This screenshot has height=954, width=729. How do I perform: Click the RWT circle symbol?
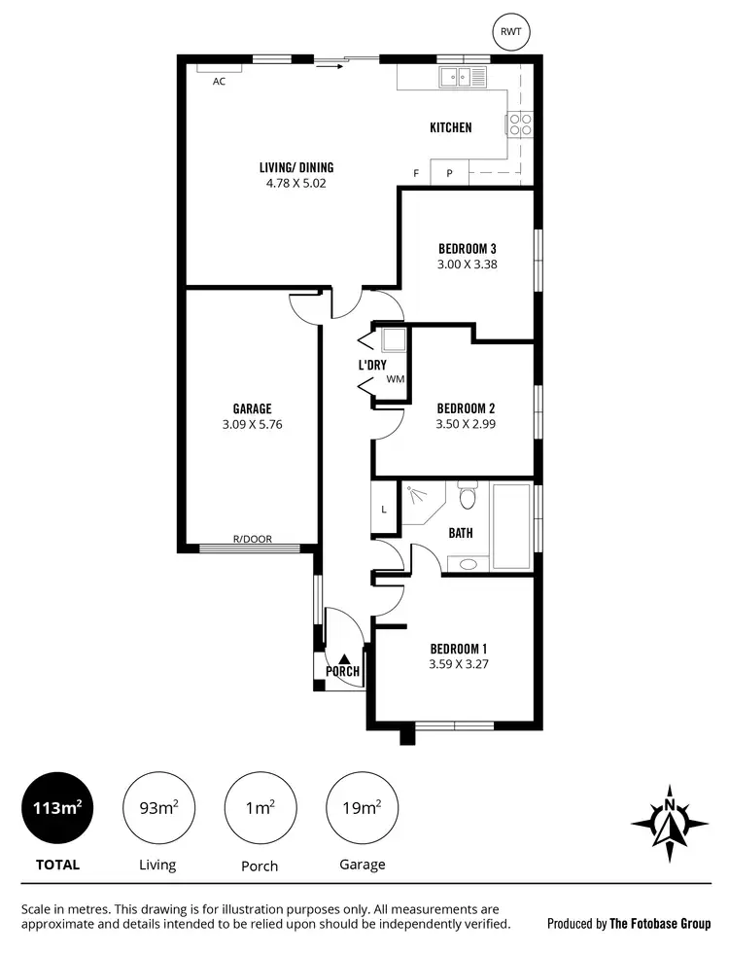pos(509,32)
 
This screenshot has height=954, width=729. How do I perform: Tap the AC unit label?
pos(219,82)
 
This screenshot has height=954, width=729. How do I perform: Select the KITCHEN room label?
pos(451,127)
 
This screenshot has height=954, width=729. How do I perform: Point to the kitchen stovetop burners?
pos(518,124)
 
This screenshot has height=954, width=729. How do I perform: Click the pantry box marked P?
pos(449,173)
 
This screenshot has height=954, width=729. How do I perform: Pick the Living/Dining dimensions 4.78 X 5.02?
pos(290,182)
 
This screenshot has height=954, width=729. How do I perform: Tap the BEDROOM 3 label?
pos(468,247)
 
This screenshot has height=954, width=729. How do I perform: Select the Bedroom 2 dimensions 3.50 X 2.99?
pos(467,423)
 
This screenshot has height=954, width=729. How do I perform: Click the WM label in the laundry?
pos(395,379)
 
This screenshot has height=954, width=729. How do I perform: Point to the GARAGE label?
pos(252,408)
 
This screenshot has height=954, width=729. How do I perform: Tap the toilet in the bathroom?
pos(468,498)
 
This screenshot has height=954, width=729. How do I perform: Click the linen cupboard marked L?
pos(384,510)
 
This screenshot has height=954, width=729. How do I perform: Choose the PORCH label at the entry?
pos(342,671)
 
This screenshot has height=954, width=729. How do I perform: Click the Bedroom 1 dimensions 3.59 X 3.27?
pos(458,665)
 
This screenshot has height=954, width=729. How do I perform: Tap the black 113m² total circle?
pos(58,809)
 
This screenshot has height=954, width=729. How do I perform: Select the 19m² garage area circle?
pos(362,808)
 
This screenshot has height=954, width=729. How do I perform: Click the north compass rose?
pos(669,822)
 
